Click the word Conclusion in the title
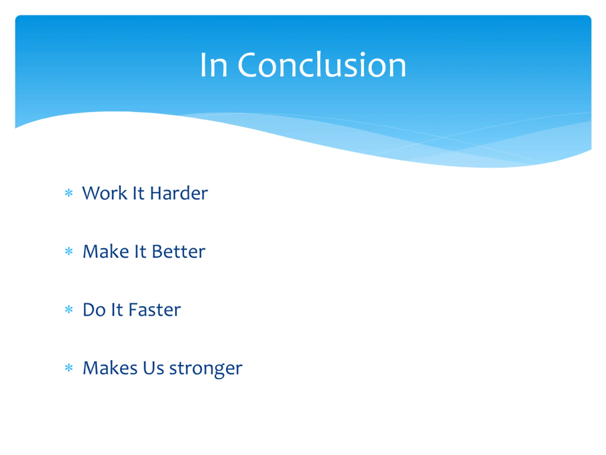coord(322,65)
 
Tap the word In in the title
coord(214,65)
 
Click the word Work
coord(105,193)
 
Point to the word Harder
coord(179,193)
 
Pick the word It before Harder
coord(138,193)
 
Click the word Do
coord(94,310)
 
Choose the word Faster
coord(155,310)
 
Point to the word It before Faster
coord(117,310)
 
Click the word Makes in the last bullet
coord(110,368)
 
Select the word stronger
coord(206,369)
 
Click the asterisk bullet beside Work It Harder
coord(69,193)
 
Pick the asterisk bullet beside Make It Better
coord(69,251)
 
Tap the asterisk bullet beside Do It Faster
coord(69,310)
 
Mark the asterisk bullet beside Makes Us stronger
coord(69,368)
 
